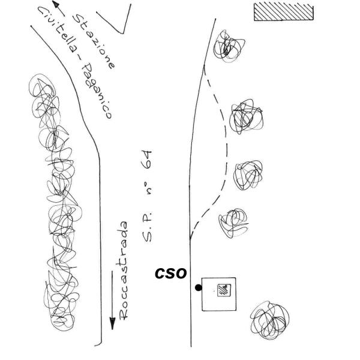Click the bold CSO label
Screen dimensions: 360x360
(170, 274)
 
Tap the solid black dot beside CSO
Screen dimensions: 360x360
(199, 287)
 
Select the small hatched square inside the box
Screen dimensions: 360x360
(224, 290)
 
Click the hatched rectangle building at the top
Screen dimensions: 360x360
(284, 12)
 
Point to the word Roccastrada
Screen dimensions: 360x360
(123, 271)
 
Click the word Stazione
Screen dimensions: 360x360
(94, 41)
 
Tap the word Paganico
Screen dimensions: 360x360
(98, 91)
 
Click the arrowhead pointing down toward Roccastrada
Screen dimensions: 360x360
(112, 323)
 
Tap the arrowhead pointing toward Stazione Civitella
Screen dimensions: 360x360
(56, 4)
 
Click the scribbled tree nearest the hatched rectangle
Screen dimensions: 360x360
(229, 47)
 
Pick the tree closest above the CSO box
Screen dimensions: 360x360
(233, 223)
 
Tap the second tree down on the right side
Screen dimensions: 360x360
(246, 116)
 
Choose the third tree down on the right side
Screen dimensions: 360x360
(248, 175)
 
